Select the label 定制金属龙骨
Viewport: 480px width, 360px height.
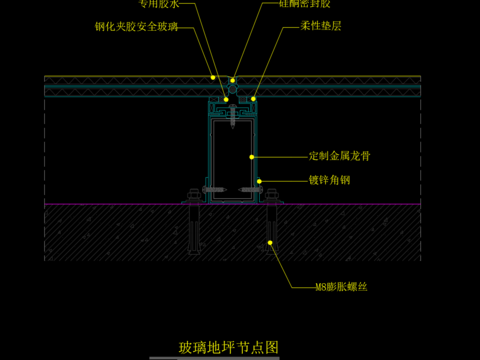click(341, 156)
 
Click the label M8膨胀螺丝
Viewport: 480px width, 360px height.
click(341, 288)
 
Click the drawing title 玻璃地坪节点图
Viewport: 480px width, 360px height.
click(229, 346)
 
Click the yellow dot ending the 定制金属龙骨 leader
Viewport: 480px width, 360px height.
click(252, 157)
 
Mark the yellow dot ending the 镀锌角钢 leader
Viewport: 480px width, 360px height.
click(259, 181)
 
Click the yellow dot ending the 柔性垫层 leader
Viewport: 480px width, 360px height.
click(254, 99)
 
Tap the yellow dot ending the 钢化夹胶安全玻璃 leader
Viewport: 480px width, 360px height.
click(213, 77)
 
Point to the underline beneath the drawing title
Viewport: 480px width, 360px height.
click(229, 355)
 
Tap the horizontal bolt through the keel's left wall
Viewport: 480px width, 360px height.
click(212, 191)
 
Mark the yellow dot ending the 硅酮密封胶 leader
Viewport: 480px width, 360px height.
click(233, 80)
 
